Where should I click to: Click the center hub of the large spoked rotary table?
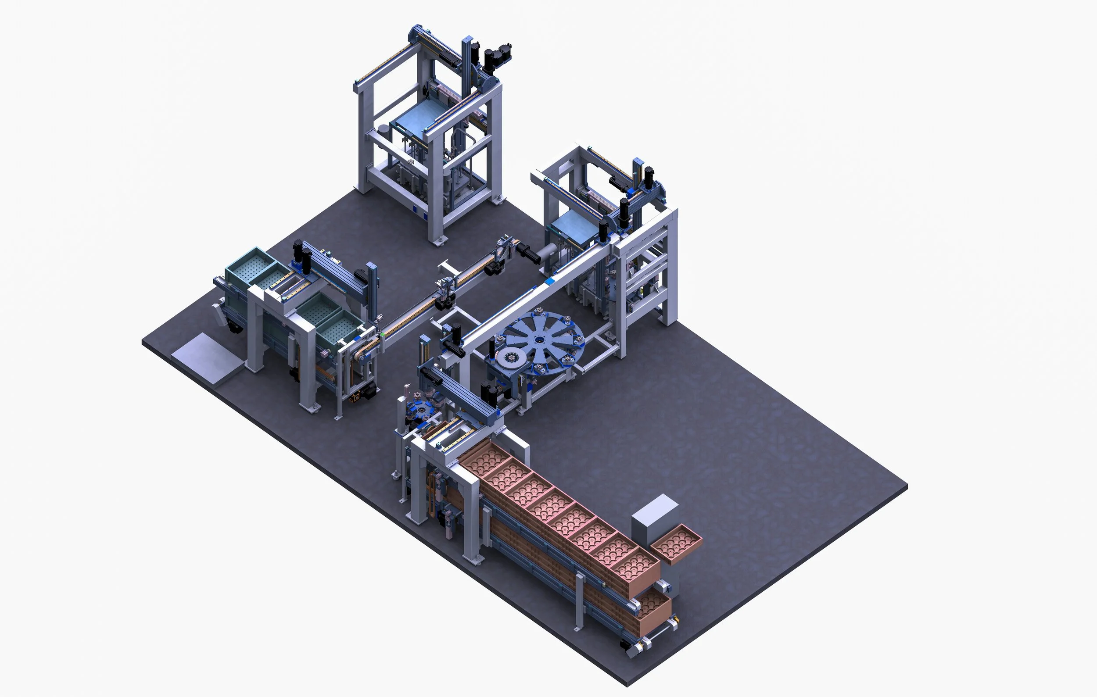click(x=540, y=339)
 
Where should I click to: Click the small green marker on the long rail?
click(x=383, y=335)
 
